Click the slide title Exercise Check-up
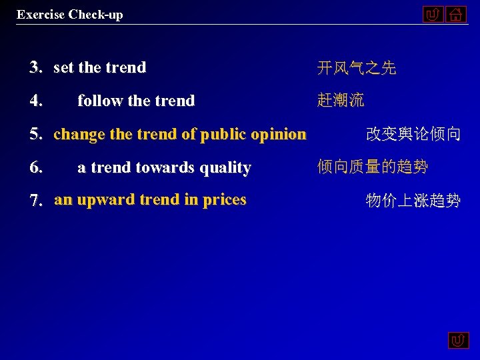(70, 14)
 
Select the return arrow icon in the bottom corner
(458, 341)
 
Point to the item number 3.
(36, 67)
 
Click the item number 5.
(36, 134)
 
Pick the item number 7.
(36, 200)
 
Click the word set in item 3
(64, 67)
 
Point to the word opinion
(281, 135)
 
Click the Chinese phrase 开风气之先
(357, 67)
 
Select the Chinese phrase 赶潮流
(341, 101)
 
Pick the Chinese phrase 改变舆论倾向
(413, 134)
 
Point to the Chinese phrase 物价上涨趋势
(413, 200)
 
